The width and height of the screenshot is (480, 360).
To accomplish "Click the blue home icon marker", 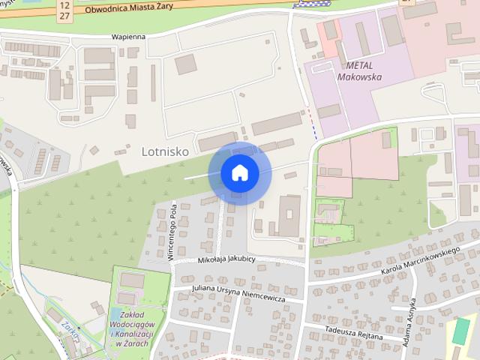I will pos(240,173).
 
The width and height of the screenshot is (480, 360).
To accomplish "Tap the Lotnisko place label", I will pos(164,151).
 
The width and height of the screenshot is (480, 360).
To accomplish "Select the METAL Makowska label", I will pos(359,70).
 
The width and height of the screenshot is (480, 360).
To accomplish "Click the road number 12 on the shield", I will pos(64,5).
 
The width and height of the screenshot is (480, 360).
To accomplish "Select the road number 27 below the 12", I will pos(64,16).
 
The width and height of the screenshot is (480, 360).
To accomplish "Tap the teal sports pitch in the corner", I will pos(461,331).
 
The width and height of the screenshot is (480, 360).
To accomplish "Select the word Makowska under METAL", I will pos(359,76).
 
